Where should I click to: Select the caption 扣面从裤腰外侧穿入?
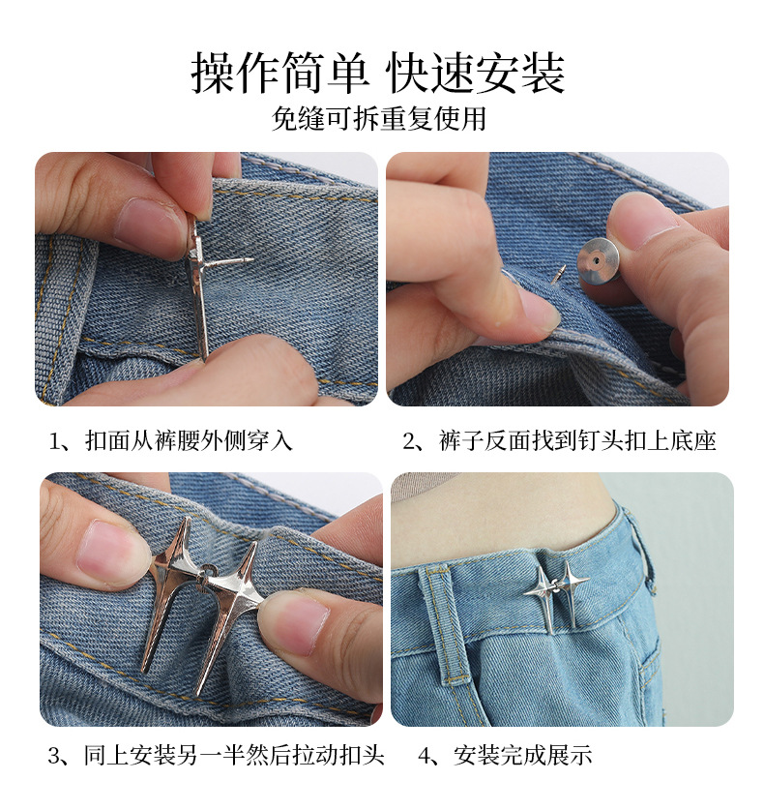(x=170, y=441)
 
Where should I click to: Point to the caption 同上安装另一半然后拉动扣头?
(x=217, y=755)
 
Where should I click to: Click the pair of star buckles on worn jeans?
(x=555, y=590)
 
